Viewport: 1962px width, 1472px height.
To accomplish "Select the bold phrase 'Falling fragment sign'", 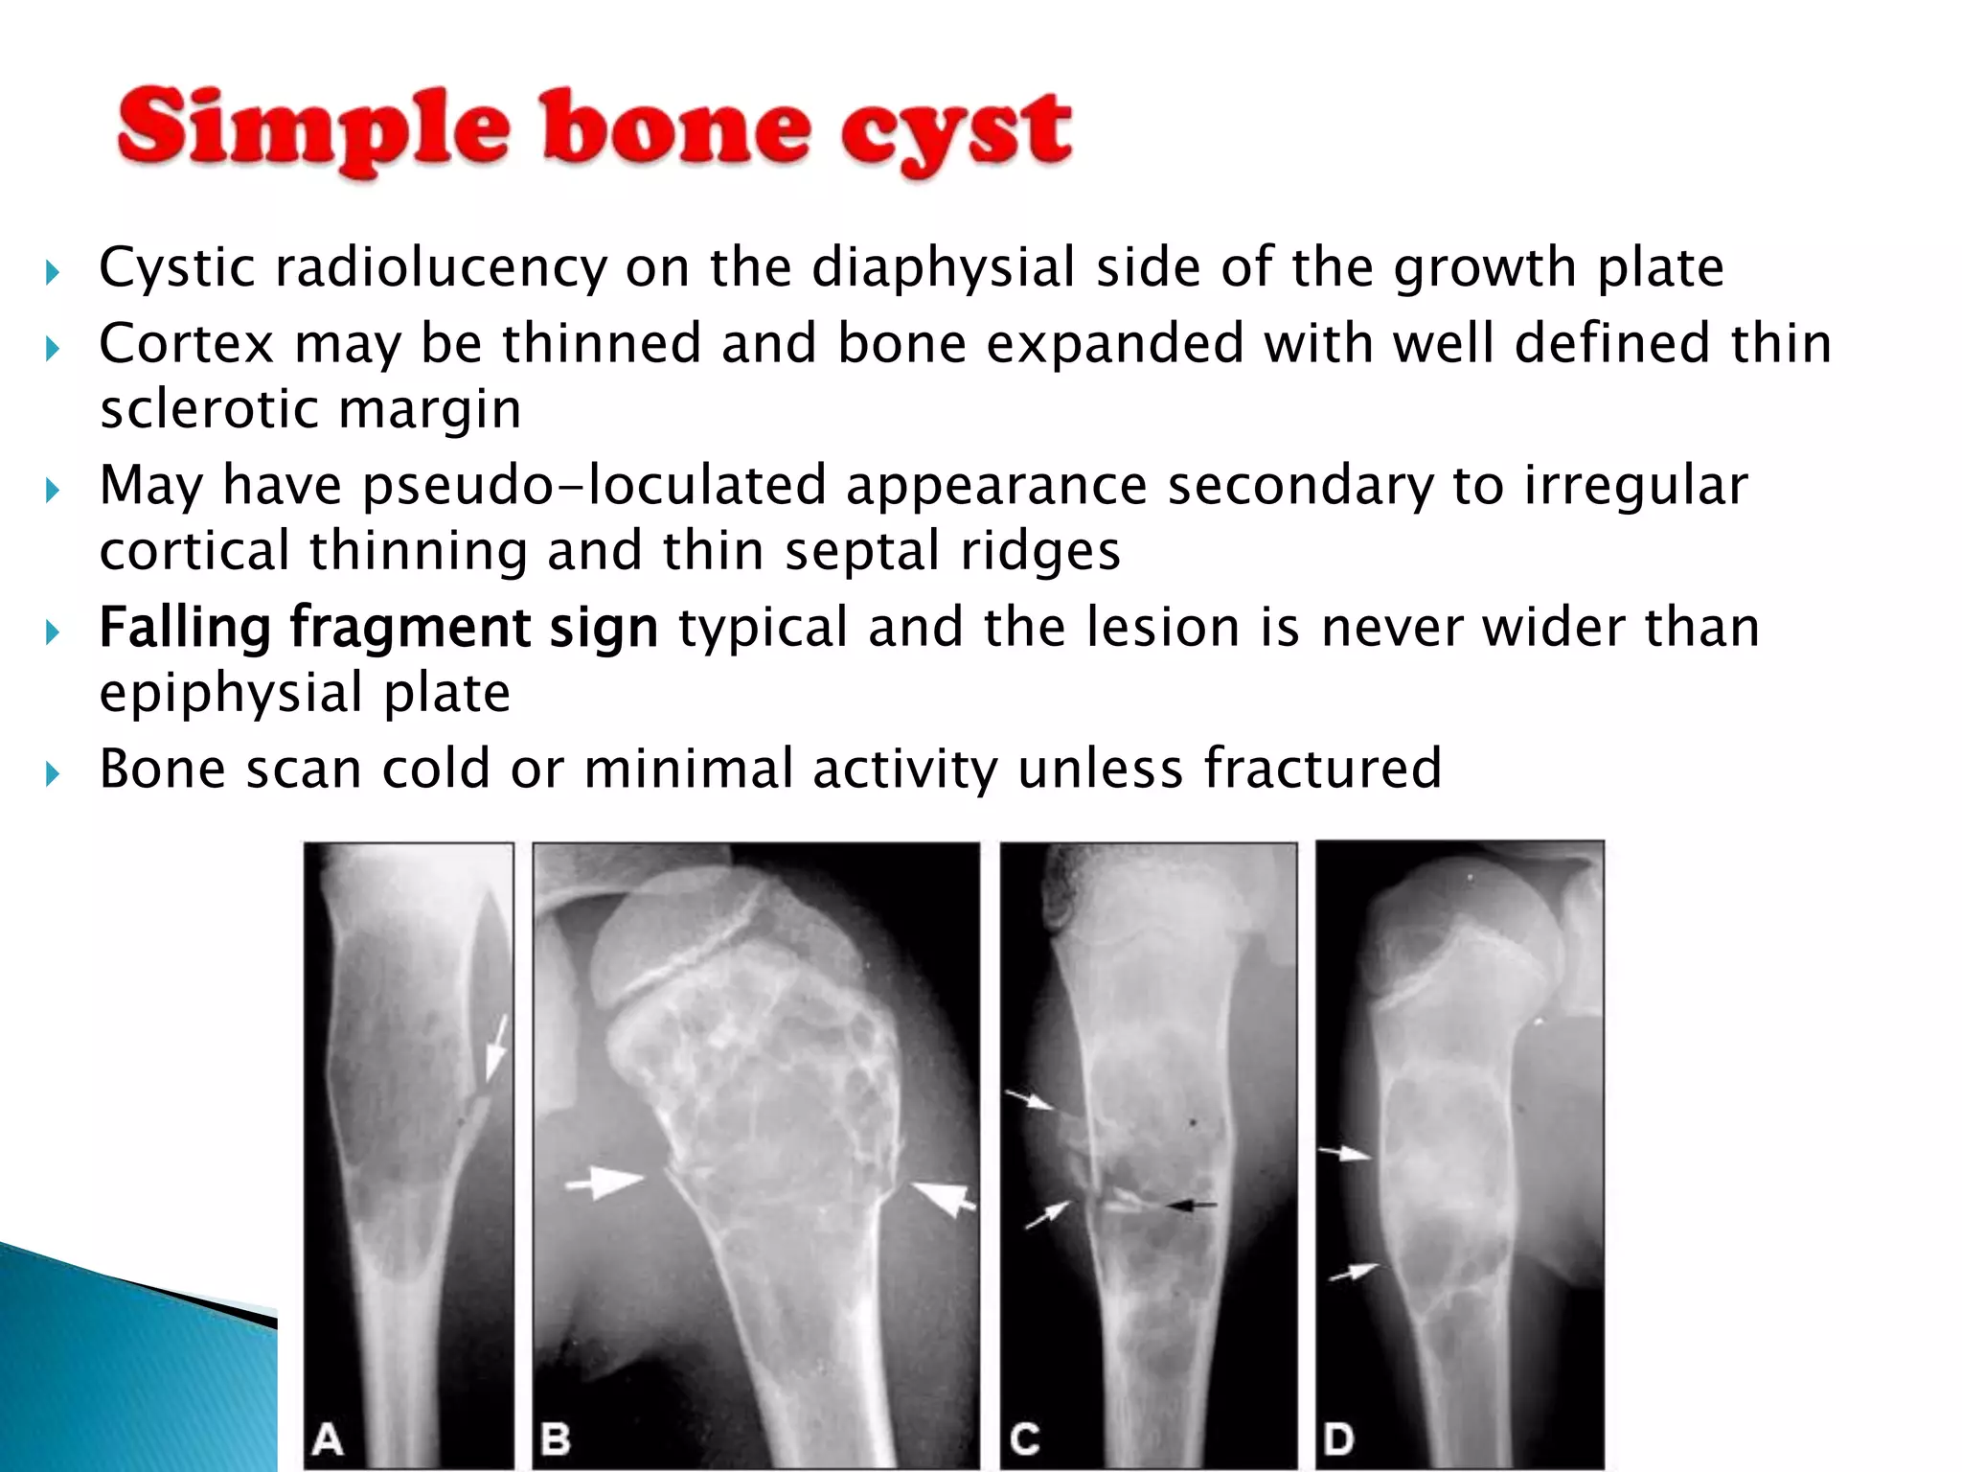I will coord(378,628).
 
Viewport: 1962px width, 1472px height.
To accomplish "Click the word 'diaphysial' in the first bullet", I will coord(944,267).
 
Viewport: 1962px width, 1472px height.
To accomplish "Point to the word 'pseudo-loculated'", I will coord(594,485).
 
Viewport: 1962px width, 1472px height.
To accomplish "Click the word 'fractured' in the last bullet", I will coord(1322,769).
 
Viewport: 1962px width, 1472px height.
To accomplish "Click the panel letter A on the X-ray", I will coord(329,1438).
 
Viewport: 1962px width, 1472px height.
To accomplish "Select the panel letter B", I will coord(556,1438).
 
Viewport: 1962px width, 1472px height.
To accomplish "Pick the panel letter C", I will coord(1024,1438).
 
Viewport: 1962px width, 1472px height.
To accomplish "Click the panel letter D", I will coord(1338,1438).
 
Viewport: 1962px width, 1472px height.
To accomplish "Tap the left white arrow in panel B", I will coord(605,1183).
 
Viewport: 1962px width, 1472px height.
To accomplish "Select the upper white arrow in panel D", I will coord(1345,1154).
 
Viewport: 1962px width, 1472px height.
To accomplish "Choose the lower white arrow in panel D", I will coord(1354,1273).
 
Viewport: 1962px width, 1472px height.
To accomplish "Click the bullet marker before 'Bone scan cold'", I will coord(52,771).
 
